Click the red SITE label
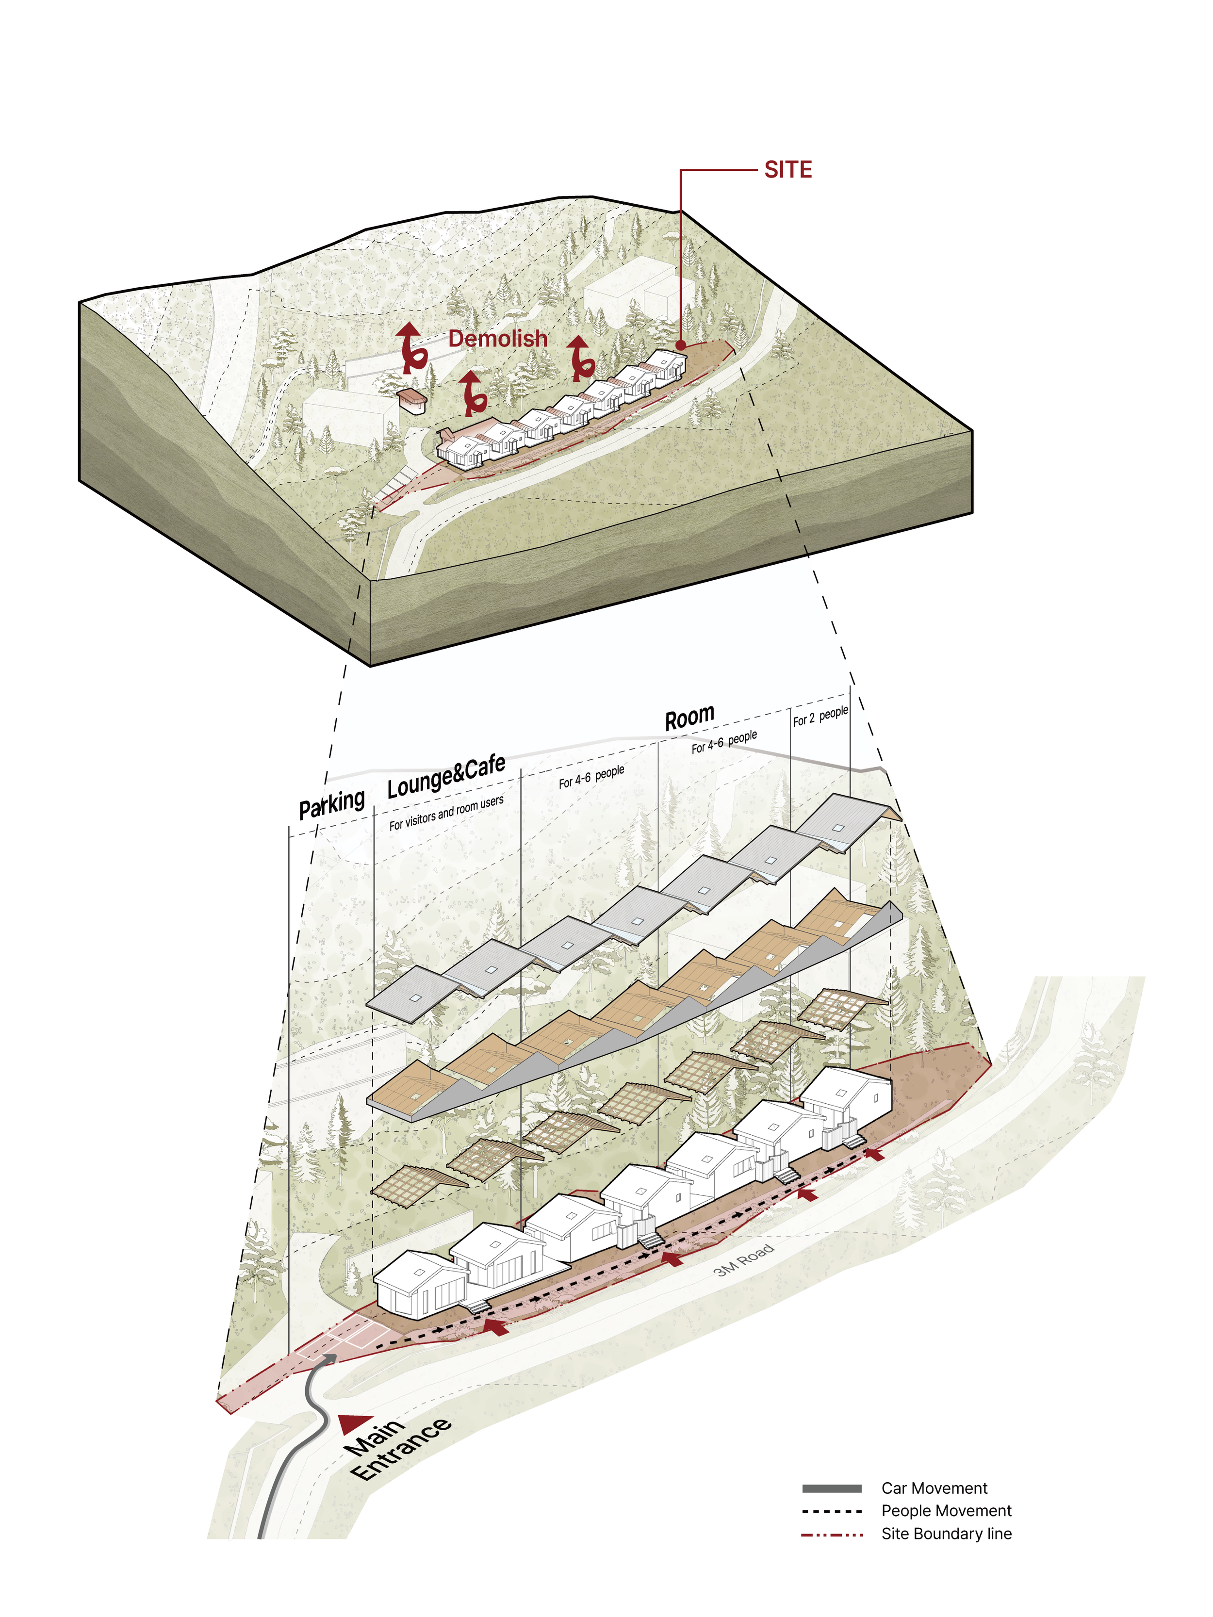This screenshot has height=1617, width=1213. coord(787,170)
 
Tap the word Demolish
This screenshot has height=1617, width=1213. coord(497,339)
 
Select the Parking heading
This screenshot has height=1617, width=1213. coord(331,804)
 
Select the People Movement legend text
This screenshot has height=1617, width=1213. coord(946,1511)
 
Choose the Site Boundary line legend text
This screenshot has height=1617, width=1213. coord(946,1534)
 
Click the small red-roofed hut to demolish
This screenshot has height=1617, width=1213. coord(411,400)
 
